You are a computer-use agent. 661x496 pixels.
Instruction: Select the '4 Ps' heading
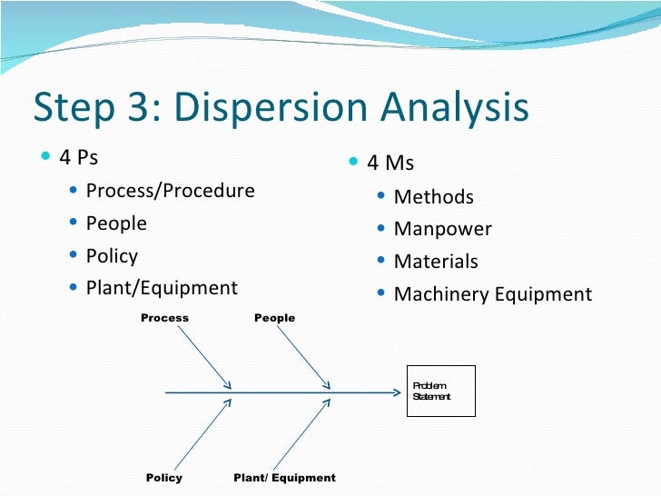pyautogui.click(x=78, y=157)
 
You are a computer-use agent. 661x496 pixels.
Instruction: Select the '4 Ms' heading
pyautogui.click(x=390, y=164)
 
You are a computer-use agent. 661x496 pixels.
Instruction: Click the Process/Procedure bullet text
pyautogui.click(x=170, y=191)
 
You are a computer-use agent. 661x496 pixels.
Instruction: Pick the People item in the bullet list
pyautogui.click(x=116, y=223)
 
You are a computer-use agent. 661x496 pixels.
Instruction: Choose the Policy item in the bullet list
pyautogui.click(x=112, y=256)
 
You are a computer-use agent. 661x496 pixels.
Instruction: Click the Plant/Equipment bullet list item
pyautogui.click(x=162, y=288)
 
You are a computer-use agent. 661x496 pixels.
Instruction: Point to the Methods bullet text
pyautogui.click(x=434, y=197)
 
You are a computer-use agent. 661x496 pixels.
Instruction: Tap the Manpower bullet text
pyautogui.click(x=443, y=229)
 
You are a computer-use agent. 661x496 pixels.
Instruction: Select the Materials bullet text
pyautogui.click(x=436, y=262)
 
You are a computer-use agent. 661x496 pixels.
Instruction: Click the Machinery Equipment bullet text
pyautogui.click(x=493, y=294)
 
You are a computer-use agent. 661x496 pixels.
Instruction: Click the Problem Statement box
pyautogui.click(x=440, y=392)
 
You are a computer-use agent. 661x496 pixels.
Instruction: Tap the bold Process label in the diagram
pyautogui.click(x=164, y=318)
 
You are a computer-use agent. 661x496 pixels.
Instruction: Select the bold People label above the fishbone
pyautogui.click(x=274, y=318)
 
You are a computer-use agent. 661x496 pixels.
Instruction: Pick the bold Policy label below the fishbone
pyautogui.click(x=164, y=478)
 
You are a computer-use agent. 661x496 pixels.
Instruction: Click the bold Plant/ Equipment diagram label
pyautogui.click(x=284, y=478)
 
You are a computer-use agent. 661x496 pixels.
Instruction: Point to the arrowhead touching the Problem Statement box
pyautogui.click(x=396, y=393)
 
